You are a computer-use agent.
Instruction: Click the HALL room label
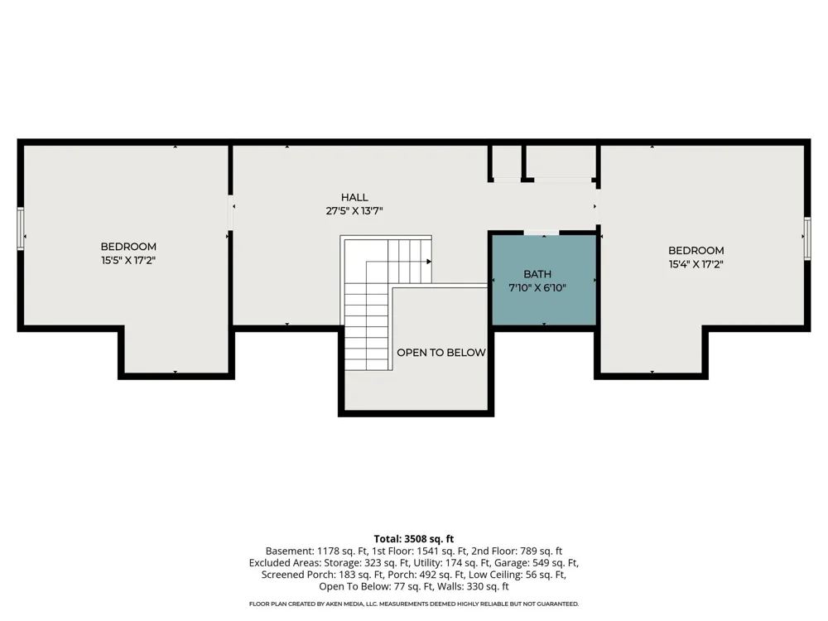[x=354, y=198]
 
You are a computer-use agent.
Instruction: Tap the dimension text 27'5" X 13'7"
[x=354, y=211]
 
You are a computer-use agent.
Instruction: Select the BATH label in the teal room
[x=537, y=274]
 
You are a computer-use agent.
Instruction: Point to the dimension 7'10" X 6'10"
[x=537, y=288]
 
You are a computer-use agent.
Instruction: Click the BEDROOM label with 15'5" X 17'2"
[x=128, y=247]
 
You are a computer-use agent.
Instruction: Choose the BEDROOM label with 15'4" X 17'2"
[x=696, y=251]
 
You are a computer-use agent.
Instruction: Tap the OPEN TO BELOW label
[x=441, y=353]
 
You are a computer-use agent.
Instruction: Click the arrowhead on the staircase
[x=429, y=262]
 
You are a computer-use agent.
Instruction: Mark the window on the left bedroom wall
[x=21, y=229]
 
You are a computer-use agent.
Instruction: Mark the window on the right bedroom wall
[x=806, y=238]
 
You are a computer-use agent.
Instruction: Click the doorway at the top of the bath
[x=542, y=233]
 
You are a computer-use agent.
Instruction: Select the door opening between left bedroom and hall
[x=231, y=213]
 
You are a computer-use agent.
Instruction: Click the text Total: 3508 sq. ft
[x=414, y=539]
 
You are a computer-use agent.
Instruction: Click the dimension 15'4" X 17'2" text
[x=696, y=264]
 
